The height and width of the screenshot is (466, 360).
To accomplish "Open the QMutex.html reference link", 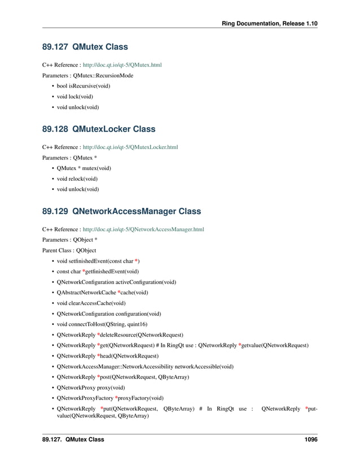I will (122, 65).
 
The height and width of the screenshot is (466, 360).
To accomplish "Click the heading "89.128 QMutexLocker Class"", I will (99, 129).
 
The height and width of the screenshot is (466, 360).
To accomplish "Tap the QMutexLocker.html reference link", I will (130, 147).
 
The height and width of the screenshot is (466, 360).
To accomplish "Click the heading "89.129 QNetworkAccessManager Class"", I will (121, 212).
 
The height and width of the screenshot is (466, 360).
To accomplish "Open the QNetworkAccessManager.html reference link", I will (143, 230).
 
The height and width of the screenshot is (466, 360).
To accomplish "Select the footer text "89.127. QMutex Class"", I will (73, 439).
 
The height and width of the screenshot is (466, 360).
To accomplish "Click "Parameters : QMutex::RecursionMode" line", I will (87, 75).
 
